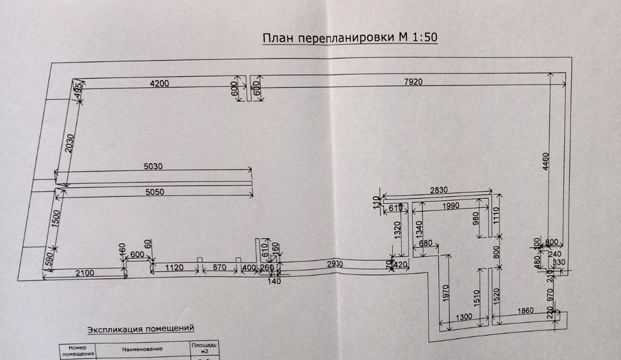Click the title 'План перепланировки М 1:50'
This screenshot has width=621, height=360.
click(350, 38)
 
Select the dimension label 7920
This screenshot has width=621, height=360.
click(413, 82)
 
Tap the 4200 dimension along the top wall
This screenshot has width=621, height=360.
click(160, 83)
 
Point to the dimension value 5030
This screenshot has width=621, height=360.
click(153, 166)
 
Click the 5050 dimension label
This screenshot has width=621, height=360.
click(154, 191)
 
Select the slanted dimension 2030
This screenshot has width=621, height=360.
click(69, 143)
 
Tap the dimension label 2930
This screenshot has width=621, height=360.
click(335, 264)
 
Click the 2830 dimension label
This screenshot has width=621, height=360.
click(439, 190)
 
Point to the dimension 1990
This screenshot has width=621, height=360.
click(451, 206)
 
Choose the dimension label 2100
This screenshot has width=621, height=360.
click(85, 273)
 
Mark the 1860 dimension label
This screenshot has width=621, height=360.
click(526, 311)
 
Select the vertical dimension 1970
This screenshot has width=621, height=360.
click(446, 293)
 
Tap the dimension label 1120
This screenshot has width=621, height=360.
click(174, 268)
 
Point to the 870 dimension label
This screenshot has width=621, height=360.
click(219, 268)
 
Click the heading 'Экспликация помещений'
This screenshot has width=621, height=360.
click(141, 329)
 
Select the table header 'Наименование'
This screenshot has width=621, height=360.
click(142, 350)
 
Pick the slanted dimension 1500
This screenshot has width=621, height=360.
click(56, 219)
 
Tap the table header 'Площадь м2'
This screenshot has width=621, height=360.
click(204, 348)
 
